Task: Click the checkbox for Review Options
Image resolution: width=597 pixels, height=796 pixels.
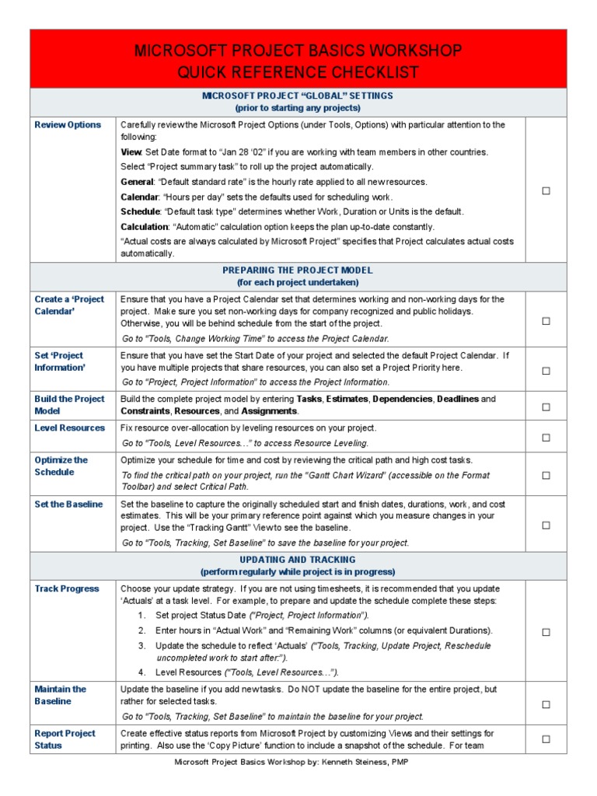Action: coord(546,190)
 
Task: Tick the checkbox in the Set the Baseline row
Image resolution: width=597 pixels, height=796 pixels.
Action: coord(546,525)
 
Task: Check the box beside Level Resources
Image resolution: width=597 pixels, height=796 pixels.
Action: coord(546,438)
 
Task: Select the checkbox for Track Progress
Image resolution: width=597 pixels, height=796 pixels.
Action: coord(546,632)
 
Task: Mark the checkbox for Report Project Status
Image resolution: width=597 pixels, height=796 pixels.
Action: coord(546,739)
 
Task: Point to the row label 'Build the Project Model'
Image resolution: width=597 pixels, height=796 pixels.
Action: coord(68,404)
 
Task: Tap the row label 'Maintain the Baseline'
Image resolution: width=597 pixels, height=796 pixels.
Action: coord(60,695)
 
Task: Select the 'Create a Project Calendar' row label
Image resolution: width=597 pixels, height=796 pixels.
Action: coord(68,305)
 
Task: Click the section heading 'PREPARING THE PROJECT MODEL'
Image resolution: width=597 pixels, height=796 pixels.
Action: coord(298,270)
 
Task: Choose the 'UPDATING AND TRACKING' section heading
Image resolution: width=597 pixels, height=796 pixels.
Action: coord(298,560)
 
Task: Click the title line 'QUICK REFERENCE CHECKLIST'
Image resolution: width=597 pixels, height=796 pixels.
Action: coord(298,73)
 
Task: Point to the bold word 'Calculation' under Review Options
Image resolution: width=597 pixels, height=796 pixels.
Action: coord(145,227)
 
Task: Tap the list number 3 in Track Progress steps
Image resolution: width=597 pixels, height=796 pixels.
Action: coord(141,646)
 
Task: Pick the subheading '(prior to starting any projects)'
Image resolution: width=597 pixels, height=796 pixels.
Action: coord(298,107)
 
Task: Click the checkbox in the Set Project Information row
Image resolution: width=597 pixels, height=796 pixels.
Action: coord(546,371)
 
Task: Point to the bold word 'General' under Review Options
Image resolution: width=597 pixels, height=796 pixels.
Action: coord(138,182)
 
